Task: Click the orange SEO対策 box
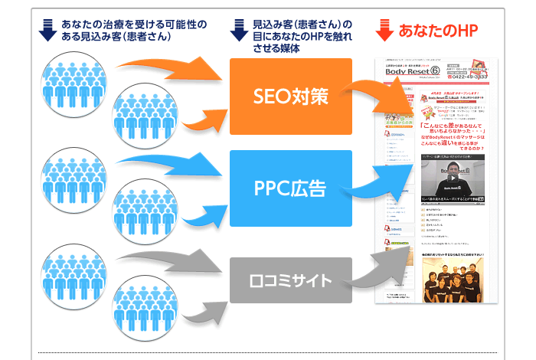291,97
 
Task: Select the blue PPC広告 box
291,188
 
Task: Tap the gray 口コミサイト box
291,280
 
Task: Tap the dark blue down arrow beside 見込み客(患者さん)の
240,30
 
